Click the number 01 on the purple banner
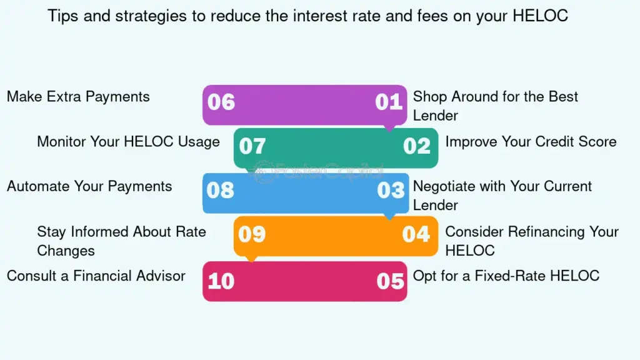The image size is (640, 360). point(389,102)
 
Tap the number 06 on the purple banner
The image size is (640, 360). point(221,102)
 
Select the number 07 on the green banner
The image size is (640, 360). point(252,146)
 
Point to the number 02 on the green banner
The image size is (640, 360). point(417,146)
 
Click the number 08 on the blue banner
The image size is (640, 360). point(221,190)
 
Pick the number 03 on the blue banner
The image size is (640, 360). point(391,190)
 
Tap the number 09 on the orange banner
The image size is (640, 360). point(252,234)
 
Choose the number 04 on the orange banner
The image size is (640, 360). point(416,234)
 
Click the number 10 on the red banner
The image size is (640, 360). point(221,281)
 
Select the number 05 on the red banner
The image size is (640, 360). point(390,281)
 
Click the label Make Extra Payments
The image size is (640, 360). point(78,97)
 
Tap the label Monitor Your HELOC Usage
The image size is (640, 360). point(129,142)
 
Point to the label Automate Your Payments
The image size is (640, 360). point(89,186)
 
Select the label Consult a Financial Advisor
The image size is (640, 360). point(96,276)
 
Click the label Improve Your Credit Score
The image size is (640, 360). point(531,142)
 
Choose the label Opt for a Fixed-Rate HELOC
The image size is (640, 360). point(506,276)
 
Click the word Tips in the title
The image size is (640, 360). point(63,16)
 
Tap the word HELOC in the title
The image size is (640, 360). point(541,16)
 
